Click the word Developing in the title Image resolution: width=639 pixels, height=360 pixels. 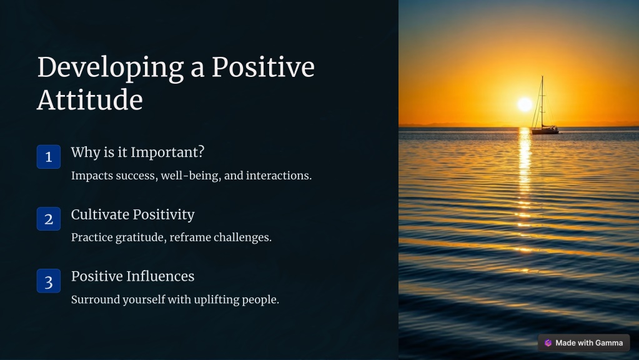111,68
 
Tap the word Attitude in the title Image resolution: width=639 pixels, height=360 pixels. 90,100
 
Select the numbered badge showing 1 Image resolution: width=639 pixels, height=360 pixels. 49,157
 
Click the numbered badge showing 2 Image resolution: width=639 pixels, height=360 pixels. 49,219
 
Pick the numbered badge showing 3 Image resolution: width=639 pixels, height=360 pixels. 49,281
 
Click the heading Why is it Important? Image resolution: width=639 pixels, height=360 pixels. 138,152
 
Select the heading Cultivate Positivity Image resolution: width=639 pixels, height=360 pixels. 133,215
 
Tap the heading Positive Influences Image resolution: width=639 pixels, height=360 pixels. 133,276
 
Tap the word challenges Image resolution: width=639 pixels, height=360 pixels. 242,237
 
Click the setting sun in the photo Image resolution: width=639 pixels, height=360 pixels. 525,104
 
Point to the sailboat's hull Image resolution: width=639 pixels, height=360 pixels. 545,131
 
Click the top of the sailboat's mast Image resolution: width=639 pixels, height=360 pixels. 542,76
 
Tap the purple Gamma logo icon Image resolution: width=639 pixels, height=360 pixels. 548,343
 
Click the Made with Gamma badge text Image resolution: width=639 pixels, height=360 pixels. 589,343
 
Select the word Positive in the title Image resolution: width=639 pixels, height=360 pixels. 263,67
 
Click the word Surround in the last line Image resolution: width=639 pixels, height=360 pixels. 96,299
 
